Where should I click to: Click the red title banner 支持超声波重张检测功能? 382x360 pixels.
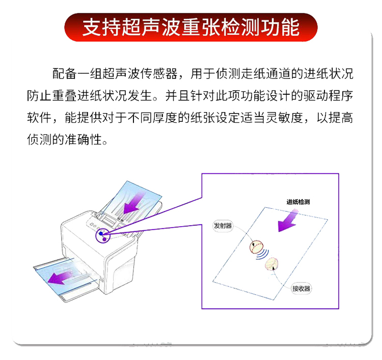(191, 27)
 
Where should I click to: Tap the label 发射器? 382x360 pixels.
(223, 226)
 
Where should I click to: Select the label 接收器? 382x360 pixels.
(302, 289)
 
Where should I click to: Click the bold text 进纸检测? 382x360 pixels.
(298, 202)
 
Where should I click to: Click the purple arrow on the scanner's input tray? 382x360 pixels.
(134, 203)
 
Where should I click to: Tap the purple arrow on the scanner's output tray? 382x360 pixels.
(61, 278)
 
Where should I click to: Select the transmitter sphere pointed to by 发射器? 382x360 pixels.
(256, 247)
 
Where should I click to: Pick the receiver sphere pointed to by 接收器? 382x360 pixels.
(271, 264)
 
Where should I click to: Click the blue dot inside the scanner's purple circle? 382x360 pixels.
(101, 233)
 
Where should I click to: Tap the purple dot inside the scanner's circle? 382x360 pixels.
(104, 239)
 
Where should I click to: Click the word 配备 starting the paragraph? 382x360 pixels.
(65, 73)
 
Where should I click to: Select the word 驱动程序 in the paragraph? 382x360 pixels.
(328, 96)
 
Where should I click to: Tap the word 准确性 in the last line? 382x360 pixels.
(84, 140)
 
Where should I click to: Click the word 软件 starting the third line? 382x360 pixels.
(39, 118)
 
